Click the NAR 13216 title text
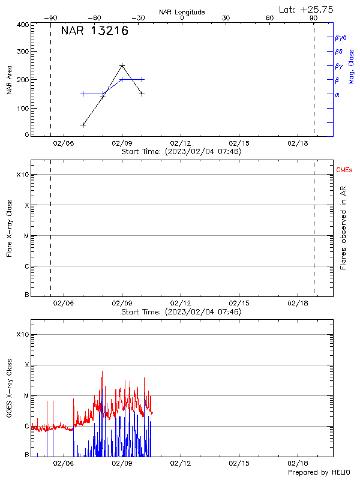(94, 31)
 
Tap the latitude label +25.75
(307, 9)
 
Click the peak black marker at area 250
(122, 65)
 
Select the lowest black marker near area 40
(83, 125)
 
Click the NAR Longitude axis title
(182, 12)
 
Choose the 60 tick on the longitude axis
(270, 18)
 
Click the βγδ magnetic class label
(341, 37)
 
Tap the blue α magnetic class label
(337, 94)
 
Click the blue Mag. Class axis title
(352, 66)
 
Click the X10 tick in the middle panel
(22, 175)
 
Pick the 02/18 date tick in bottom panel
(298, 464)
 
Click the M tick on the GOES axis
(25, 395)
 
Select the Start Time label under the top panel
(181, 152)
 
